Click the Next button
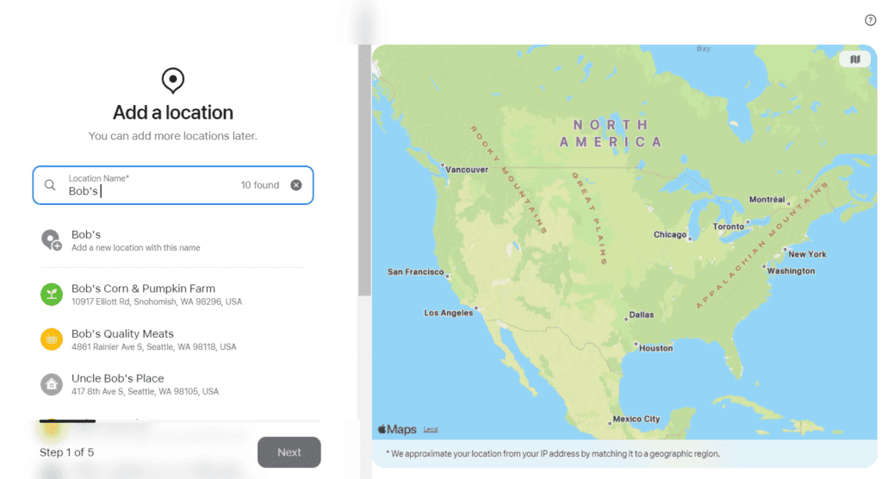pyautogui.click(x=289, y=452)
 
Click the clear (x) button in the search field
pyautogui.click(x=296, y=185)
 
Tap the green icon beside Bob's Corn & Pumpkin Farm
pyautogui.click(x=52, y=294)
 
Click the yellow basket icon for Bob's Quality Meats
pyautogui.click(x=52, y=339)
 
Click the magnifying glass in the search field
pyautogui.click(x=50, y=185)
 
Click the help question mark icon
pyautogui.click(x=870, y=20)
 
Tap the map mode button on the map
pyautogui.click(x=854, y=59)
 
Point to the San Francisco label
pyautogui.click(x=415, y=272)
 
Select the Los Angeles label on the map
pyautogui.click(x=448, y=313)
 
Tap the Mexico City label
pyautogui.click(x=636, y=420)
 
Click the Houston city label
pyautogui.click(x=655, y=348)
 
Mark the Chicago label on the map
pyautogui.click(x=669, y=234)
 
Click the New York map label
pyautogui.click(x=807, y=254)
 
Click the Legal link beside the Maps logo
pyautogui.click(x=431, y=429)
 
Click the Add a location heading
pyautogui.click(x=173, y=113)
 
